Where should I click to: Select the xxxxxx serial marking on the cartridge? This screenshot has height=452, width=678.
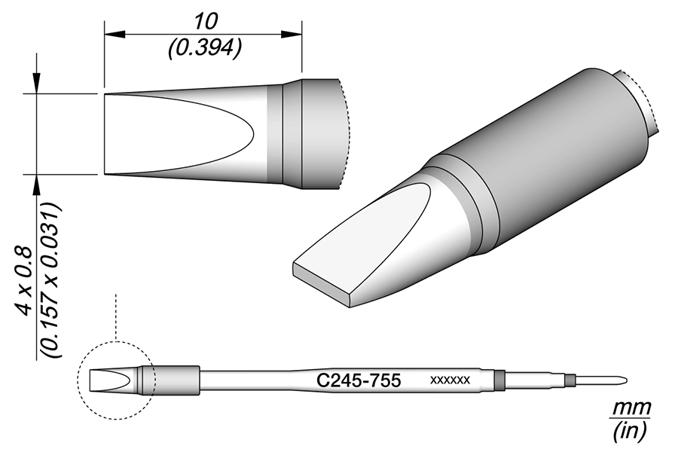tap(450, 380)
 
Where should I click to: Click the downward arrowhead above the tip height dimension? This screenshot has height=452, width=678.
tap(35, 84)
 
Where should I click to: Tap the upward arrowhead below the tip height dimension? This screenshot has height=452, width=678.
tap(35, 183)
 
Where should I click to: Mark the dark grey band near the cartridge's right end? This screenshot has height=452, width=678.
tap(498, 380)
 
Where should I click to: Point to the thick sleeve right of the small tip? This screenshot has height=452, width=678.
tap(178, 380)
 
